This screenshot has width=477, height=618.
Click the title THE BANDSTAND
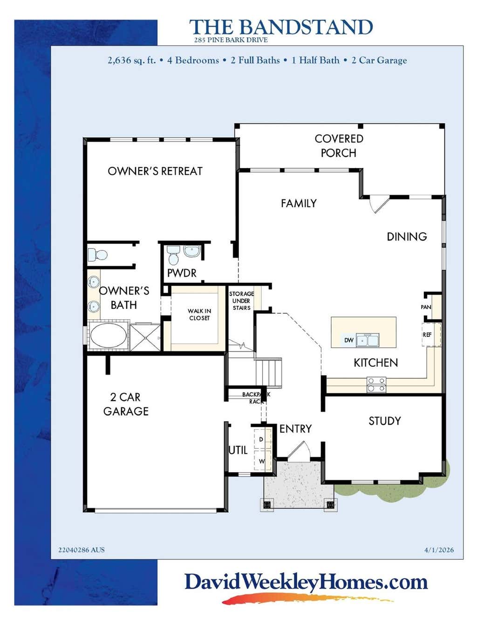tap(281, 27)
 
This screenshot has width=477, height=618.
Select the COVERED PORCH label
tap(339, 146)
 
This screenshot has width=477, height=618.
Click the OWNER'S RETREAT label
tap(155, 171)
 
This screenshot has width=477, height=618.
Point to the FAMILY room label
tap(299, 203)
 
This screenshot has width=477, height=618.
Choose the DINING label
tap(407, 237)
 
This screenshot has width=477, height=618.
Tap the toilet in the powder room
tap(173, 255)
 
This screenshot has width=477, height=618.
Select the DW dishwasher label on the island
tap(349, 340)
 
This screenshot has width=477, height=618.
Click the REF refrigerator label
tap(427, 335)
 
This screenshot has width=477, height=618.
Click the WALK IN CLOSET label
tap(199, 315)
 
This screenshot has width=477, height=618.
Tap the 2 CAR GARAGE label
tap(126, 404)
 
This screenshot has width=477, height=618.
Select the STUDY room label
tap(385, 421)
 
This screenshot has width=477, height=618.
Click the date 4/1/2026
tap(439, 550)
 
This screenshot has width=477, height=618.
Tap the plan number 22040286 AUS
tap(82, 550)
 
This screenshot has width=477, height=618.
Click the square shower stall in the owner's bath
tap(145, 337)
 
